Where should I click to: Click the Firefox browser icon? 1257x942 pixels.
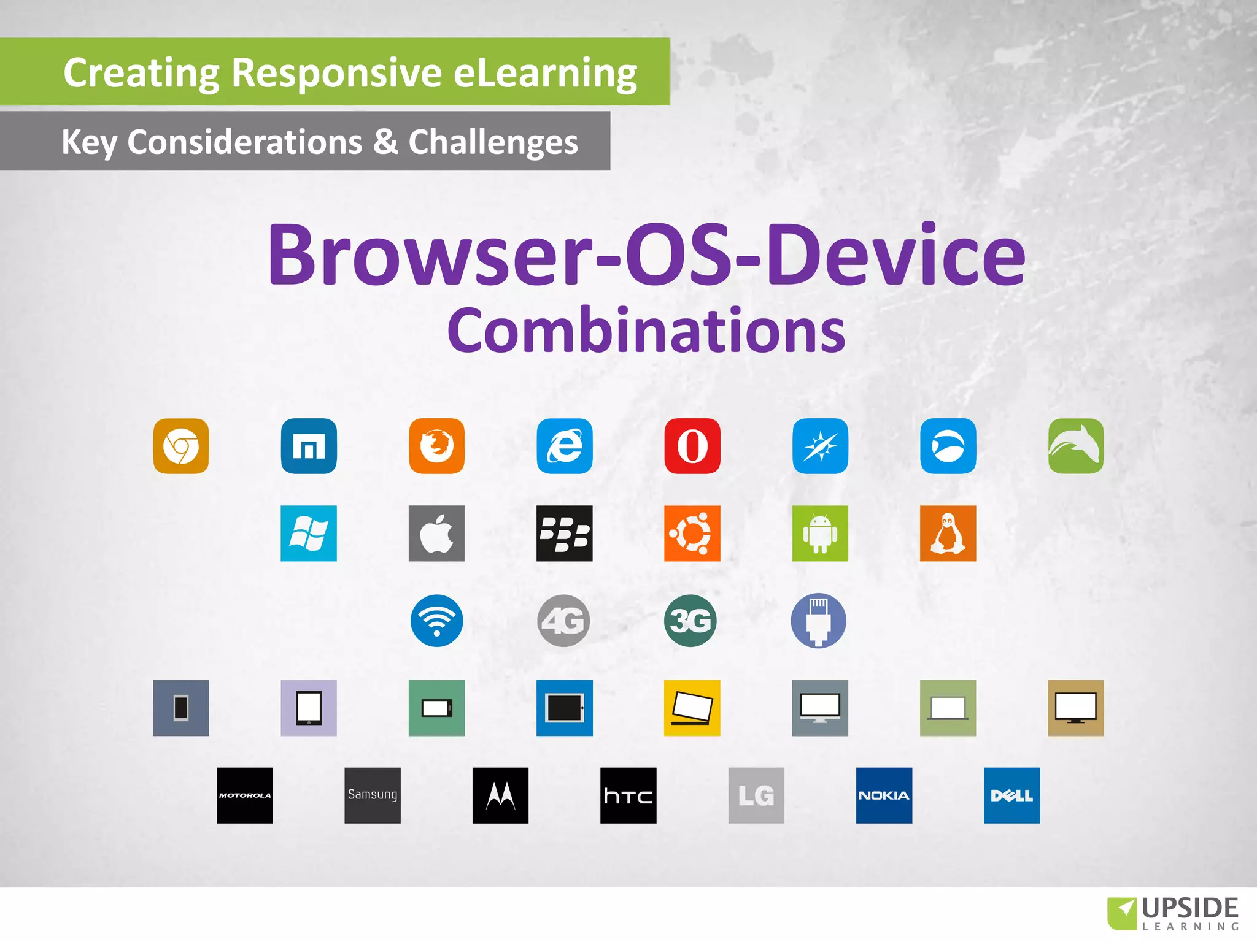(x=436, y=446)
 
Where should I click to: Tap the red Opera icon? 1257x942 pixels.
(x=692, y=446)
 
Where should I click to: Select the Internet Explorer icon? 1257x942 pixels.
(x=565, y=446)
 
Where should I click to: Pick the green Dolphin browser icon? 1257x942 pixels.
(x=1075, y=446)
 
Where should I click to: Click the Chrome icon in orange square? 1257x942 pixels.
(x=181, y=446)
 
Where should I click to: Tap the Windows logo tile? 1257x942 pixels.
(x=309, y=533)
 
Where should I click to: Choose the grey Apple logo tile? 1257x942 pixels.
(x=436, y=533)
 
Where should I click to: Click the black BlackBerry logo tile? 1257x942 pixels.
(x=565, y=533)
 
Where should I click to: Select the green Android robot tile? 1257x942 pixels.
(x=820, y=533)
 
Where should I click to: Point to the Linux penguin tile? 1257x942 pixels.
(x=948, y=533)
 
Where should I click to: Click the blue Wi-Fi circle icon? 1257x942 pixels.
(x=436, y=621)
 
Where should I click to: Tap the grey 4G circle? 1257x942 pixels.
(x=564, y=621)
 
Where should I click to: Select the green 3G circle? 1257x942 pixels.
(x=690, y=621)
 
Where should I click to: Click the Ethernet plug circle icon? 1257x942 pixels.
(x=818, y=621)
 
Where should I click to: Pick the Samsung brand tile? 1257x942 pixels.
(x=373, y=795)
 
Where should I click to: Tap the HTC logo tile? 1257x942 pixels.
(x=628, y=795)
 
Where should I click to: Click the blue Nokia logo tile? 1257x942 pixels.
(x=884, y=795)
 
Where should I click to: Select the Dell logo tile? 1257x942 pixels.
(x=1011, y=795)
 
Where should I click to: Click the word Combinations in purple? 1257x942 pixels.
(x=646, y=331)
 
